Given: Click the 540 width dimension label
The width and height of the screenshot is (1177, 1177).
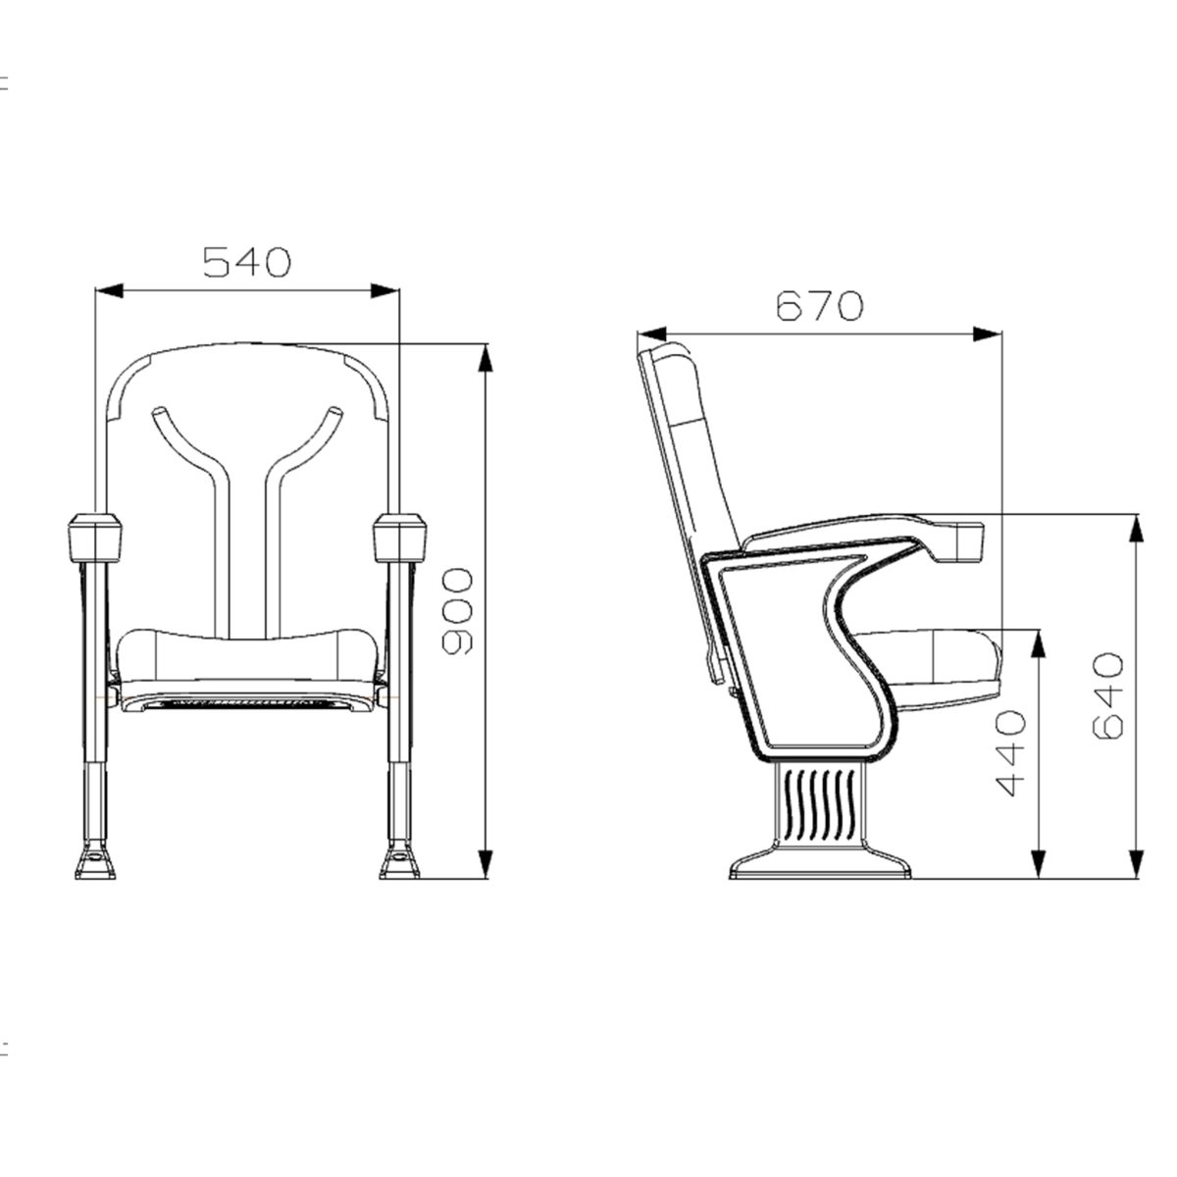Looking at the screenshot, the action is coord(247,262).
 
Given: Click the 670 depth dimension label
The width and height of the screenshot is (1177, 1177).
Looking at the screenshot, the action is coord(819,306).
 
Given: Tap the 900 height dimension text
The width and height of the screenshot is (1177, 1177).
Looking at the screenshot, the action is coord(457,611).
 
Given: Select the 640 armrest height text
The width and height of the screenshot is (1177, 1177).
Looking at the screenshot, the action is coord(1106,695).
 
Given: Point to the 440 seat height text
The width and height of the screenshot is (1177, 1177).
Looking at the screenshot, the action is coord(1009,752).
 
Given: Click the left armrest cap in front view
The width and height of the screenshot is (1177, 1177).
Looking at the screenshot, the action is coord(95,537).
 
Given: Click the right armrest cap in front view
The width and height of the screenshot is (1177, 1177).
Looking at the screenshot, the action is coord(399,537).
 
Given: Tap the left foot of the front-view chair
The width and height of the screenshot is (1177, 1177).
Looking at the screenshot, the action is coord(95,861).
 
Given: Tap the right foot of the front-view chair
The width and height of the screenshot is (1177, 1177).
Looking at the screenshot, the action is coord(399,861).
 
